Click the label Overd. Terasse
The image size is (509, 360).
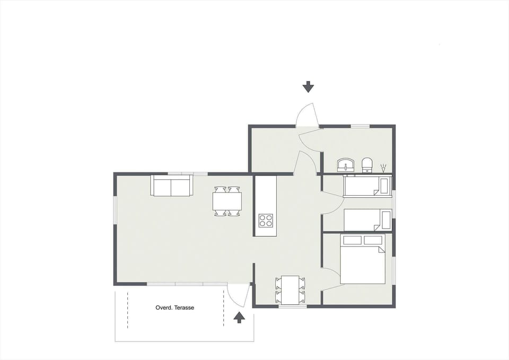[174, 308]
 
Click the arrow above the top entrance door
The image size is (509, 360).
[308, 87]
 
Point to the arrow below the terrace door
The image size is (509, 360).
[239, 317]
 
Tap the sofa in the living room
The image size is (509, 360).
[172, 186]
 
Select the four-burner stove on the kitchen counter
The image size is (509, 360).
[266, 220]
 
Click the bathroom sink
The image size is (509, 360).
[347, 165]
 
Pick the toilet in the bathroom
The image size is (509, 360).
[367, 164]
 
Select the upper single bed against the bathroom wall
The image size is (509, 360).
[367, 186]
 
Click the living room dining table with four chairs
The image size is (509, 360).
[227, 201]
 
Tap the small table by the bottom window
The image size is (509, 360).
[290, 289]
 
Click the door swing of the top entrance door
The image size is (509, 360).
[307, 115]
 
